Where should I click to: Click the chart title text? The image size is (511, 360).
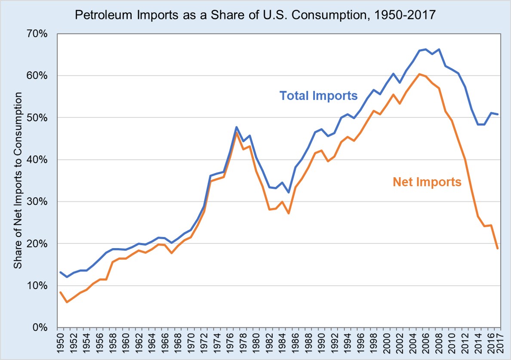click(x=255, y=15)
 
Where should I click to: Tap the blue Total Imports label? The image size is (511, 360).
click(x=318, y=95)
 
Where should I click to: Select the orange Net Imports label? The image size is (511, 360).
click(x=427, y=182)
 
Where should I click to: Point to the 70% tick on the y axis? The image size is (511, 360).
click(x=41, y=34)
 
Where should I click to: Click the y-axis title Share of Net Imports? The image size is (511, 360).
click(x=18, y=181)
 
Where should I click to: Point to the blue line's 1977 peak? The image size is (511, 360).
click(x=237, y=127)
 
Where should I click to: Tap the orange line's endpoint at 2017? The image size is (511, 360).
click(x=498, y=249)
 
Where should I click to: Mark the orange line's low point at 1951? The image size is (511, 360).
click(x=67, y=302)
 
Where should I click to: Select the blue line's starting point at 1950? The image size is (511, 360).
click(x=60, y=272)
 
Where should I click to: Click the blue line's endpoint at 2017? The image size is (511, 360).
click(x=498, y=114)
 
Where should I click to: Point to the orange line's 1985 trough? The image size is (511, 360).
click(x=289, y=213)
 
